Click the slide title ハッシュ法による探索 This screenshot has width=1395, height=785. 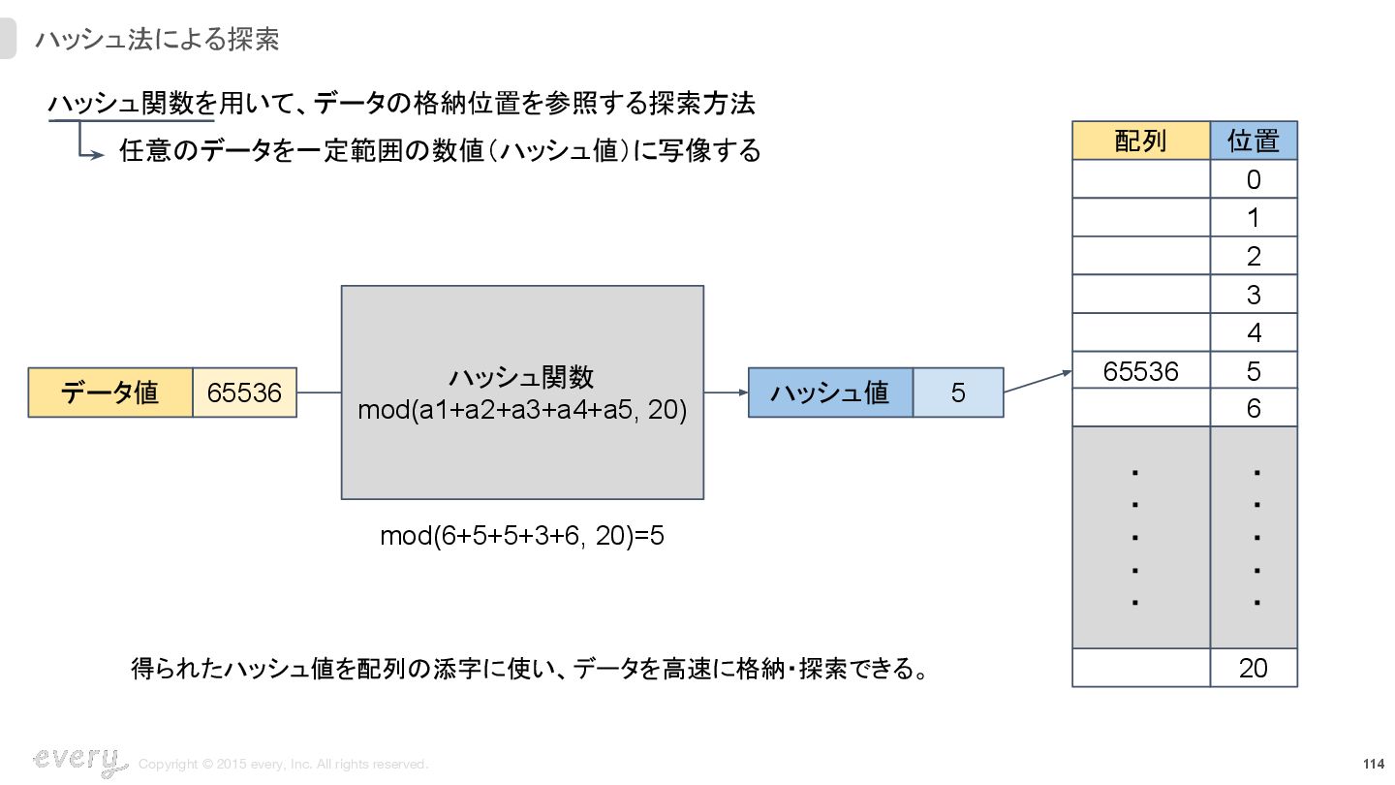tap(157, 40)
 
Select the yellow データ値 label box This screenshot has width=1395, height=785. tap(110, 392)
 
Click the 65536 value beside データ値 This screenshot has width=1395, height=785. tap(244, 392)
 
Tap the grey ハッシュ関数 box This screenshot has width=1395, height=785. tap(522, 392)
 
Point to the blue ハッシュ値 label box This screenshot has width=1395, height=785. tap(830, 392)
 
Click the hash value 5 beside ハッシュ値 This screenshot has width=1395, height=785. tap(958, 392)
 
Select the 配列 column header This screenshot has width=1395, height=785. tap(1140, 141)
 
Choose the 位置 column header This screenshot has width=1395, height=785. tap(1254, 141)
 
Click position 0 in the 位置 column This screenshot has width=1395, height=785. tap(1254, 180)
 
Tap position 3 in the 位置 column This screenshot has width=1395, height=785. tap(1254, 295)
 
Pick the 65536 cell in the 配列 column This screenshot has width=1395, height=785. tap(1140, 371)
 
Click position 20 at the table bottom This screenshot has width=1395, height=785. tap(1254, 668)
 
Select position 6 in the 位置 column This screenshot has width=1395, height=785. tap(1254, 409)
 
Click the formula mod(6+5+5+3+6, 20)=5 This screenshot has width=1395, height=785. tap(522, 536)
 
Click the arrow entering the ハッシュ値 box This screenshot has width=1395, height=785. tap(726, 392)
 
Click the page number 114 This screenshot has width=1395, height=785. tap(1373, 764)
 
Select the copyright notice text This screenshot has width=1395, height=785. tap(283, 765)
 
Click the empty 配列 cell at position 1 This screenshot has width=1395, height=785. tap(1140, 218)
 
